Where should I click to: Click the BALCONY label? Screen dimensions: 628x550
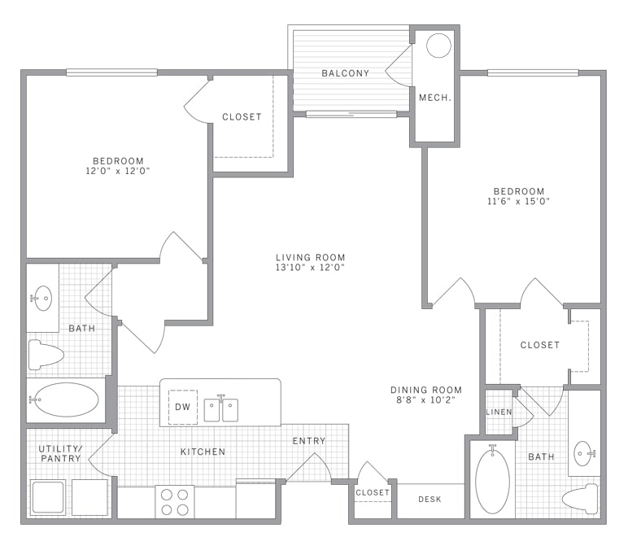pyautogui.click(x=345, y=73)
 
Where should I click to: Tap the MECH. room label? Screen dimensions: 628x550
pyautogui.click(x=435, y=98)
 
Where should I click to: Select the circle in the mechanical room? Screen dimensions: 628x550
pyautogui.click(x=438, y=46)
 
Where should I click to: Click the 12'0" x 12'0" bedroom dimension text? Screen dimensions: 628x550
pyautogui.click(x=117, y=171)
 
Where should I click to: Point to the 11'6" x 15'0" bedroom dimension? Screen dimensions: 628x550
pyautogui.click(x=518, y=202)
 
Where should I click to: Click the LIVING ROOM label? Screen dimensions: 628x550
pyautogui.click(x=311, y=258)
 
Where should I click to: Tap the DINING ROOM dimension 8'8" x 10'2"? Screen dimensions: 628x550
pyautogui.click(x=425, y=399)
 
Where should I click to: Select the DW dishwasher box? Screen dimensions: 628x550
pyautogui.click(x=183, y=407)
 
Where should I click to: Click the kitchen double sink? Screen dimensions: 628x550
pyautogui.click(x=221, y=409)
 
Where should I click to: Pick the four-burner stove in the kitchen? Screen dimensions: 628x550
pyautogui.click(x=175, y=502)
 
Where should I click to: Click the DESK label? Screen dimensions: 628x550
pyautogui.click(x=430, y=500)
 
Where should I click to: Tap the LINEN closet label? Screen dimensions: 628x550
pyautogui.click(x=499, y=412)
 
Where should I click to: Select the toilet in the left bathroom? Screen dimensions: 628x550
pyautogui.click(x=46, y=355)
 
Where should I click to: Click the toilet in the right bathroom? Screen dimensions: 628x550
pyautogui.click(x=580, y=499)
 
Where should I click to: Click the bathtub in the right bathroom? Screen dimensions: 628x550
pyautogui.click(x=492, y=479)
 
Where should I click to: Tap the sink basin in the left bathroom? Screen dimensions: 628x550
pyautogui.click(x=43, y=298)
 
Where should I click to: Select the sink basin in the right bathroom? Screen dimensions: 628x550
pyautogui.click(x=582, y=453)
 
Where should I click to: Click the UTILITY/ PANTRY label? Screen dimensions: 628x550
pyautogui.click(x=60, y=453)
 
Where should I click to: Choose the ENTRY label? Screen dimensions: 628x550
pyautogui.click(x=309, y=441)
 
